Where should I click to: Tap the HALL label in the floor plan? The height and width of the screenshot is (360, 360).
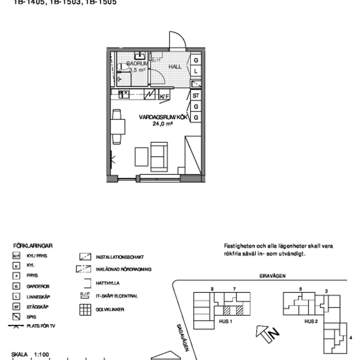[x=175, y=67]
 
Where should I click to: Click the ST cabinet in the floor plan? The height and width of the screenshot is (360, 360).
[x=196, y=96]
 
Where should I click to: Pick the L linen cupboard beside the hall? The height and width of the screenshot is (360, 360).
[x=196, y=71]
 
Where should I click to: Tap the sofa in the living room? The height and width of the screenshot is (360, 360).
[x=159, y=157]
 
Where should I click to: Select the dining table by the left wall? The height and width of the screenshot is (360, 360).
[x=117, y=127]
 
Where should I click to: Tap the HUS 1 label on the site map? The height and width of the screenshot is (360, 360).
[x=225, y=321]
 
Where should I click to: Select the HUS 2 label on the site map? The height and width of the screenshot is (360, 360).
[x=311, y=321]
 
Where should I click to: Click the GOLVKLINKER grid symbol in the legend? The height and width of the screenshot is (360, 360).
[x=85, y=310]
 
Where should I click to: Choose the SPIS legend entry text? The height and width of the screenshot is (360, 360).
[x=31, y=317]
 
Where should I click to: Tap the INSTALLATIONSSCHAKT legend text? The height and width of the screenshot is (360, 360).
[x=120, y=257]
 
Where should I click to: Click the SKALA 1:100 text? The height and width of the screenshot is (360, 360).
[x=30, y=355]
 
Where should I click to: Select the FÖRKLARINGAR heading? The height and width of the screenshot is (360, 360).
[x=33, y=246]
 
